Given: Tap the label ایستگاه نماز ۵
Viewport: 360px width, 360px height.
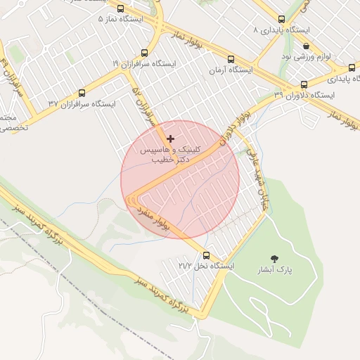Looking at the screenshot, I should click(120, 19).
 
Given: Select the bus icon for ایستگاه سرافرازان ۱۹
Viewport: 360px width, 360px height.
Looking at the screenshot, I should click(144, 52).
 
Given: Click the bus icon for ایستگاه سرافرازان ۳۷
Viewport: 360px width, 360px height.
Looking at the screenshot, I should click(82, 92).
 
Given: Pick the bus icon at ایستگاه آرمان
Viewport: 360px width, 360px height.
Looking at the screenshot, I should click(231, 58).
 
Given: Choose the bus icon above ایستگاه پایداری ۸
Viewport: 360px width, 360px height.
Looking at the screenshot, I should click(281, 19).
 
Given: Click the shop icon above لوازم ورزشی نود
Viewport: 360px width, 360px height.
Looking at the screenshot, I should click(306, 45).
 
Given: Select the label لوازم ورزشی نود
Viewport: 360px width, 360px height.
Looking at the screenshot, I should click(306, 56).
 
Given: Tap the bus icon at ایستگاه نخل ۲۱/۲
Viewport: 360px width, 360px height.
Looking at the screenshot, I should click(206, 255).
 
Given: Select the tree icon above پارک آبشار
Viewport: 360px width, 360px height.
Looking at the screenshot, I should click(274, 258).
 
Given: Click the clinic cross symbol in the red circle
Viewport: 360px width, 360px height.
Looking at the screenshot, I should click(170, 139).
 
